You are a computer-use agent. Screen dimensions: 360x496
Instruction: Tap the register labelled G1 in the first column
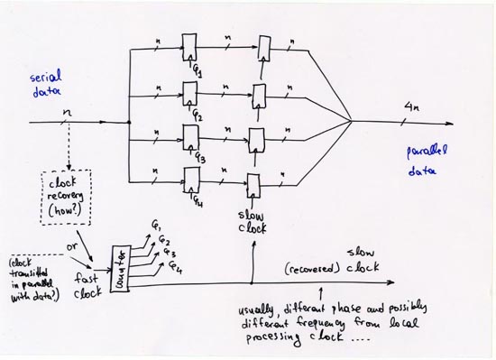(x=188, y=45)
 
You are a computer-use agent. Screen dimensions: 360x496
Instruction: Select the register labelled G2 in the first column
(x=188, y=93)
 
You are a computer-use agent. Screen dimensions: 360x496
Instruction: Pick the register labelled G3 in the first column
(x=189, y=136)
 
